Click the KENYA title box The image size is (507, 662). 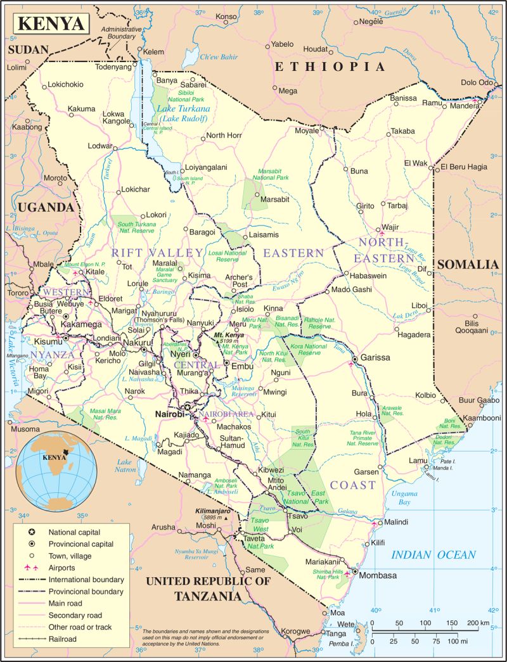[x=50, y=23]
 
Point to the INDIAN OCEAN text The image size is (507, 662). [x=433, y=555]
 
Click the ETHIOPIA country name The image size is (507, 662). [x=329, y=67]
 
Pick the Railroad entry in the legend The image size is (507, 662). [x=63, y=639]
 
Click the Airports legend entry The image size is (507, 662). [x=63, y=568]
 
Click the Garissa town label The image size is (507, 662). [x=376, y=358]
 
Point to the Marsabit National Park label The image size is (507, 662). [x=271, y=175]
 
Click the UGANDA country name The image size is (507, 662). [x=46, y=207]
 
